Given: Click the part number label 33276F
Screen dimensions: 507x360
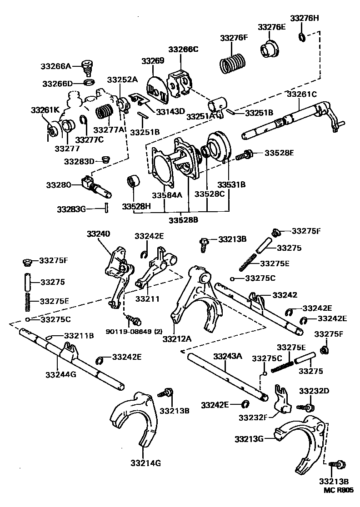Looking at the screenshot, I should pos(234,38).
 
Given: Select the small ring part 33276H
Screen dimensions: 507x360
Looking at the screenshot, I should pos(301,36).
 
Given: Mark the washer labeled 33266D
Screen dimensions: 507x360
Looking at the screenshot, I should pos(90,83).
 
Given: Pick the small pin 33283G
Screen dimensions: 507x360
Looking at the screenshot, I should pos(105,208).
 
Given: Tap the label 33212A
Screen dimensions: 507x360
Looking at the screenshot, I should pos(176,338).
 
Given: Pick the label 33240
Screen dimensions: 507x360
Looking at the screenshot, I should pos(99,234).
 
